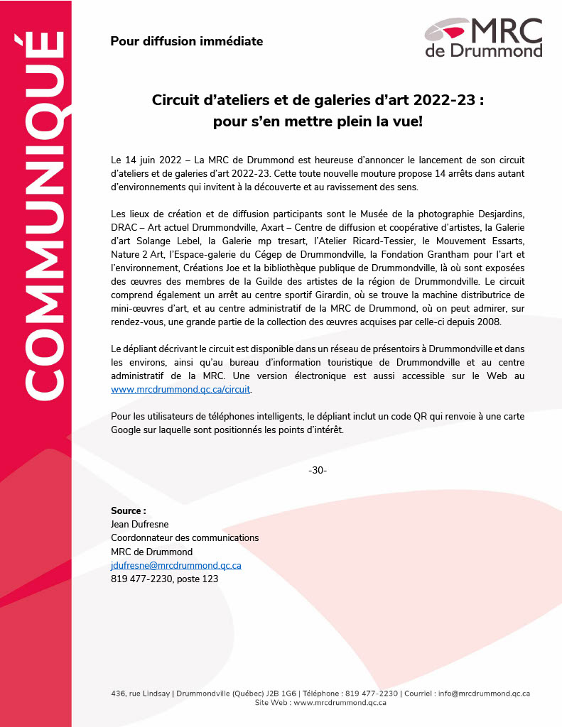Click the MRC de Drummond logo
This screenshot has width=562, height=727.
pos(483,37)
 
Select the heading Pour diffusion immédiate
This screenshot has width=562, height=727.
pos(186,41)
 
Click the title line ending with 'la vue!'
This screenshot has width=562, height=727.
pos(318,121)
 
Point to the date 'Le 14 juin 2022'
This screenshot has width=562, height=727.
pos(144,161)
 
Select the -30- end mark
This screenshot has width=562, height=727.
pos(318,471)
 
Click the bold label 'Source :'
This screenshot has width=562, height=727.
pos(129,510)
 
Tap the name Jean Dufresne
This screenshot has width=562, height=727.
pos(139,524)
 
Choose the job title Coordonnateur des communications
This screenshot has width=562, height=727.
pos(185,538)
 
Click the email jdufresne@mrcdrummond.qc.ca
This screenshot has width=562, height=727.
pos(176,565)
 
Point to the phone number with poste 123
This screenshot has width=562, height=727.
pos(164,579)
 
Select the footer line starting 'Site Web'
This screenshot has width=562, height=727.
pos(320,702)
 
